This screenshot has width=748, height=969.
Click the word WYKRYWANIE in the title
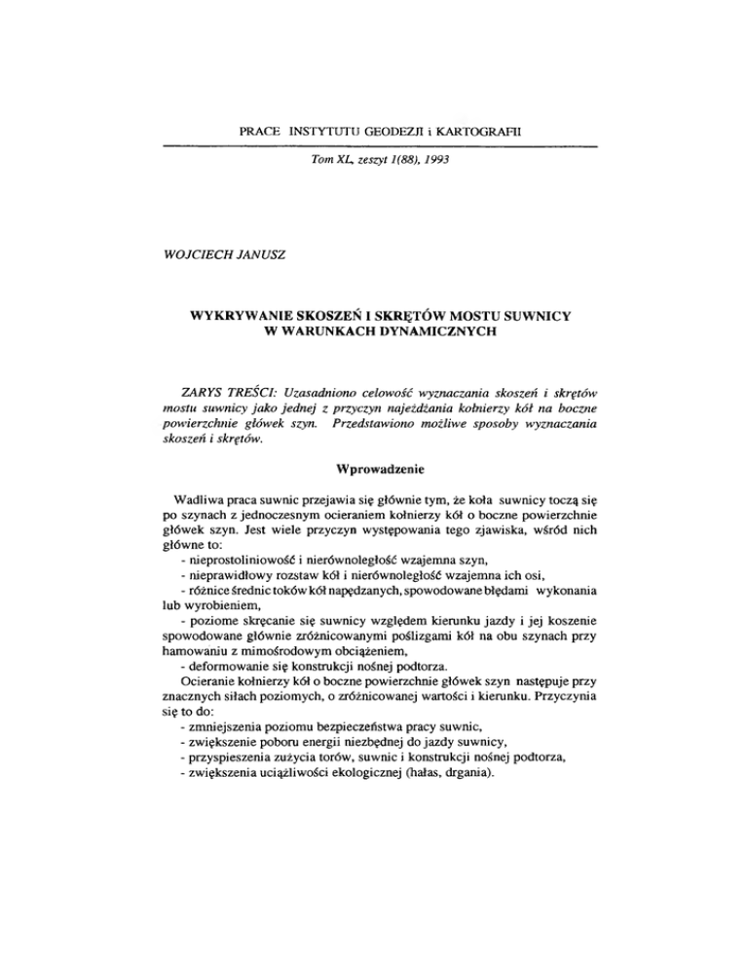[x=249, y=317]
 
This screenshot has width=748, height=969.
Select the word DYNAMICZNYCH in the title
[x=427, y=333]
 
